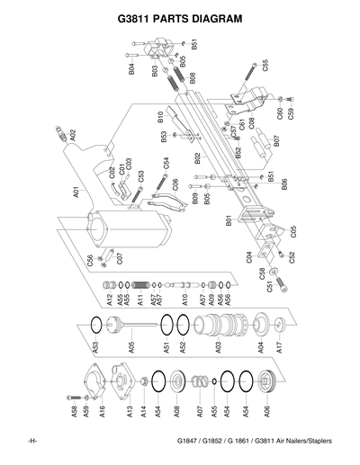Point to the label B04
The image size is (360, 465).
click(132, 67)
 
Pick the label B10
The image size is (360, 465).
click(160, 116)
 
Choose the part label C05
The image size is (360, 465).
click(293, 231)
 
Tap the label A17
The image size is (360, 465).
click(280, 345)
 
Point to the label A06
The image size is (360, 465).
click(266, 413)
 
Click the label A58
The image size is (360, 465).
click(75, 413)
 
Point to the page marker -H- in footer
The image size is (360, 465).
click(31, 441)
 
